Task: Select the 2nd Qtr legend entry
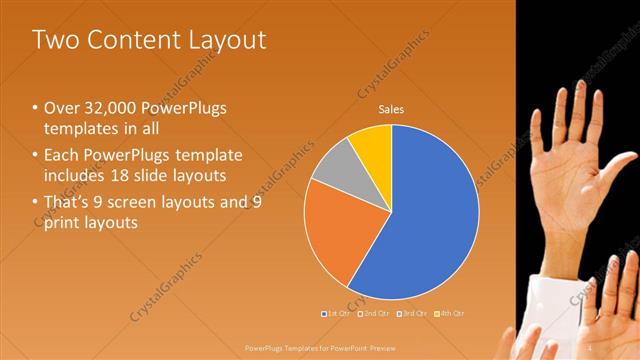[376, 313]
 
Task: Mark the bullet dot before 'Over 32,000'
[36, 108]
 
